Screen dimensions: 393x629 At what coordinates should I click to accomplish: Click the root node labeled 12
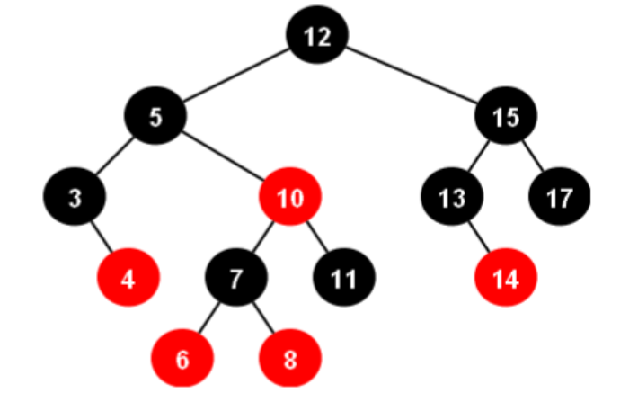[317, 37]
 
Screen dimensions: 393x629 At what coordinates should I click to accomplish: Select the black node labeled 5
[155, 118]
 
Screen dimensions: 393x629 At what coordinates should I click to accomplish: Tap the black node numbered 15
[506, 118]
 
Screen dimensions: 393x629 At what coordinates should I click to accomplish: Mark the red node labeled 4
[128, 278]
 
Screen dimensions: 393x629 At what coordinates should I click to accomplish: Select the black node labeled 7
[235, 278]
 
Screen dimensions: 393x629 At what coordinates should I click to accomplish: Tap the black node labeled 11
[343, 278]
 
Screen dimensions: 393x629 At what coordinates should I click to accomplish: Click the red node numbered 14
[506, 278]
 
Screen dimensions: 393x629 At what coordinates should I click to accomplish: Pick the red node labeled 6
[182, 358]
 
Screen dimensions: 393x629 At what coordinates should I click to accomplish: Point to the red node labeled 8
[289, 358]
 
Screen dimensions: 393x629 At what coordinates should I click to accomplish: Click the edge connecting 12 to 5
[236, 77]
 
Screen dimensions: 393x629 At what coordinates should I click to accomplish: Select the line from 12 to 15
[412, 77]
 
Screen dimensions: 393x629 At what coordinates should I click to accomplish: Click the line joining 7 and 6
[209, 318]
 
